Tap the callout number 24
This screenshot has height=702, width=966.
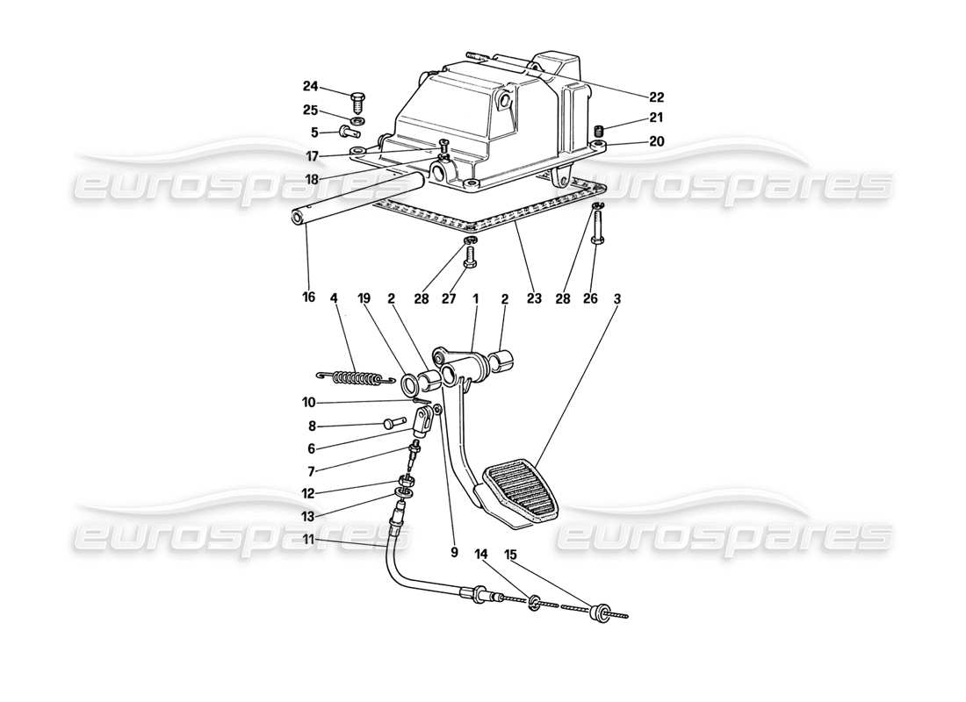[310, 87]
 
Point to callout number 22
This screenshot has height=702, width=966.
[657, 97]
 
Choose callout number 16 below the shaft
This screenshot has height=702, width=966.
[308, 298]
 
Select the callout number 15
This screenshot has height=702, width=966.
[512, 555]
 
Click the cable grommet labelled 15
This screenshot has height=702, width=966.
[601, 613]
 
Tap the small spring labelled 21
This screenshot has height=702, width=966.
[600, 132]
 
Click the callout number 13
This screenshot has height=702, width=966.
[310, 516]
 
